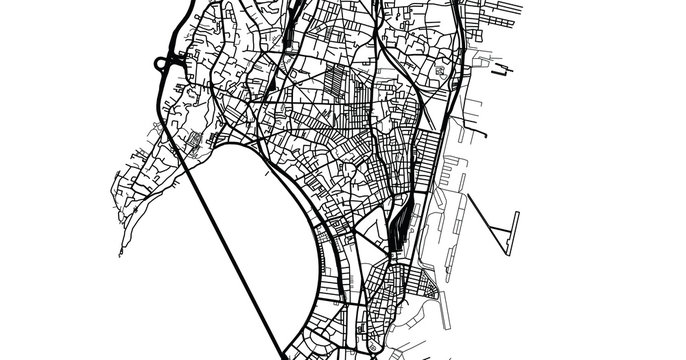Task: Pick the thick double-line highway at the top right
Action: click(455, 40)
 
